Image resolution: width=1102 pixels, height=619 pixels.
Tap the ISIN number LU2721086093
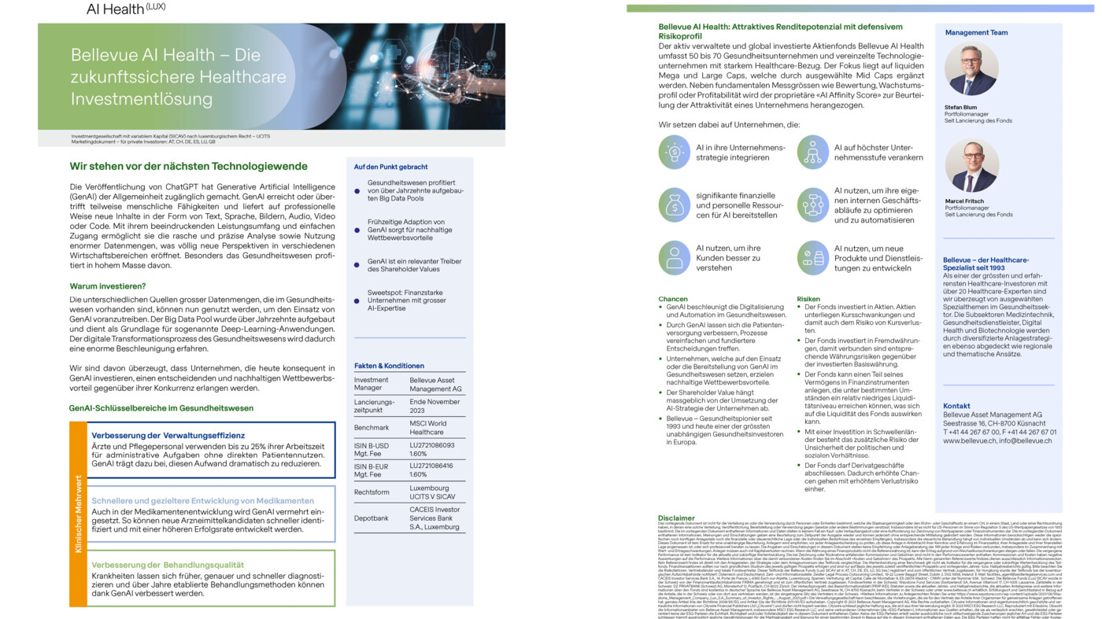point(432,445)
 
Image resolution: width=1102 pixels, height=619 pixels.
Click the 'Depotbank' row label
point(371,518)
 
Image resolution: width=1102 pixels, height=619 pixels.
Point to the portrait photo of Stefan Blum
point(971,69)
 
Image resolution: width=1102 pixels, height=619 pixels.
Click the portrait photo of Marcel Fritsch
point(971,165)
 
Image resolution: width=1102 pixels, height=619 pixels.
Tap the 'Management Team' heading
point(976,33)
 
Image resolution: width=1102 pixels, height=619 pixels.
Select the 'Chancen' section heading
point(673,299)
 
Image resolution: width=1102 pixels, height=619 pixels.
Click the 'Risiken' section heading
point(808,299)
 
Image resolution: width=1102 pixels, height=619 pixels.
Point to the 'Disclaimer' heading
point(676,518)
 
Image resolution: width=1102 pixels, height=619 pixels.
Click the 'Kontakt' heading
point(956,406)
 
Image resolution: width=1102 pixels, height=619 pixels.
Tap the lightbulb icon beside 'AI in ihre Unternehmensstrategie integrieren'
point(675,153)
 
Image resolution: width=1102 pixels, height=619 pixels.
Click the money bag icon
point(675,205)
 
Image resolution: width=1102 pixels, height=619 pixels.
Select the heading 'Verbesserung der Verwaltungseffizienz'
point(168,435)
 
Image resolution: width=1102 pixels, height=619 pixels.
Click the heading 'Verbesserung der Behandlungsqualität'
point(167,565)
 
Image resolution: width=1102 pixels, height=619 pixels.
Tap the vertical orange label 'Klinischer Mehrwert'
point(78,514)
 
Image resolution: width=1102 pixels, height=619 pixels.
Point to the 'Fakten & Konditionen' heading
point(389,366)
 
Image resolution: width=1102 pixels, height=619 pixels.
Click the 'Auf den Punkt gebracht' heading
point(390,167)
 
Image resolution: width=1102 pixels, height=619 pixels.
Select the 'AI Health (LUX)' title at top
point(126,9)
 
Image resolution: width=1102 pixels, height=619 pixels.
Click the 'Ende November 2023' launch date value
point(435,406)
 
